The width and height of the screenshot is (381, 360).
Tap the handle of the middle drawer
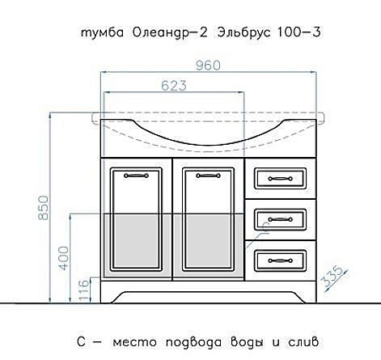(275, 218)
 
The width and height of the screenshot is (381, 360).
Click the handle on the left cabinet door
(136, 173)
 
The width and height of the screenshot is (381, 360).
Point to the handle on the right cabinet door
(199, 173)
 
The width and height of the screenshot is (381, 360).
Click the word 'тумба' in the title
(99, 33)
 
